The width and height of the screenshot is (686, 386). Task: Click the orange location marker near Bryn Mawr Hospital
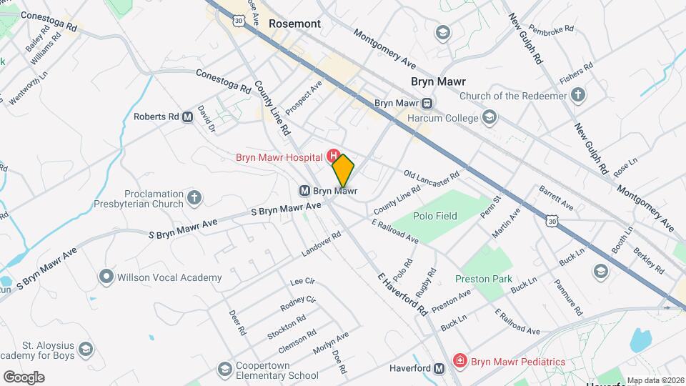tap(344, 170)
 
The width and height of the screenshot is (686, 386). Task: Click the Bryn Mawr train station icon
tap(426, 103)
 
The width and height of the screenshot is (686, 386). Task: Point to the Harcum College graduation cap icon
tap(489, 117)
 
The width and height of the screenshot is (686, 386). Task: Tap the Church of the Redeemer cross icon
tap(578, 96)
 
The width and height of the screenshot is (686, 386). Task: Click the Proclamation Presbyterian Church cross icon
tap(194, 198)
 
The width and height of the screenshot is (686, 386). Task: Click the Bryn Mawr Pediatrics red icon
tap(460, 362)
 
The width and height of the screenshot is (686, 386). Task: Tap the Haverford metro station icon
tap(439, 368)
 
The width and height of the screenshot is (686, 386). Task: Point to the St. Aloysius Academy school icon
tap(86, 350)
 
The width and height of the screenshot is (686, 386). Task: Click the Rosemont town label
tap(294, 24)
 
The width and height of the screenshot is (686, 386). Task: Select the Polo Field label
tap(434, 215)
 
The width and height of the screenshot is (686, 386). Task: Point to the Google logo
tap(24, 377)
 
